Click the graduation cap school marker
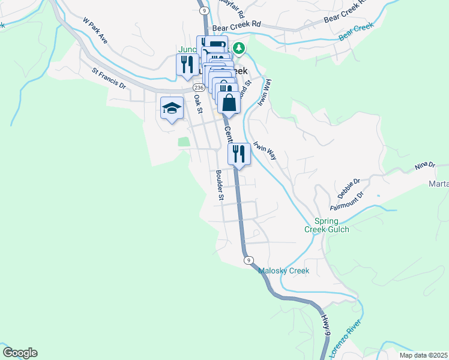pos(172,109)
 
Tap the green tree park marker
pos(240,47)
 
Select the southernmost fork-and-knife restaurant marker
pos(239,155)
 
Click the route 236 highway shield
pos(199,88)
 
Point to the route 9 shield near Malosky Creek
pos(247,260)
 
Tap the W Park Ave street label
pos(95,31)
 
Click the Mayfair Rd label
pos(232,8)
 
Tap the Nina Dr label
pos(424,165)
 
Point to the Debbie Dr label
pos(348,188)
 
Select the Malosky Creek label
pos(283,271)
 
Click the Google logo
pos(20,353)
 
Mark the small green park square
pos(184,142)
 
